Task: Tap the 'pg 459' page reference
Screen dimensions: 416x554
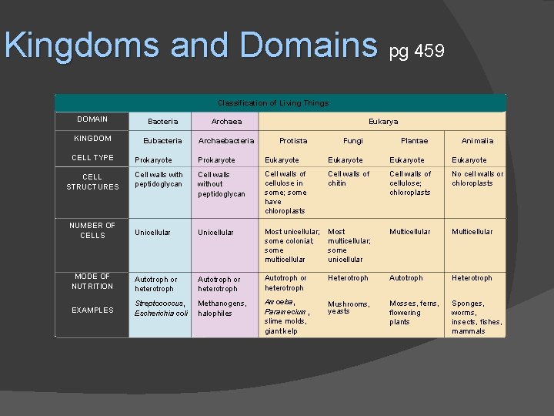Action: pyautogui.click(x=416, y=52)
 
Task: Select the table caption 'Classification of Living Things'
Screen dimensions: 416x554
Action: pyautogui.click(x=273, y=102)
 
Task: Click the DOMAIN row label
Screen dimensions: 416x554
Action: pyautogui.click(x=92, y=119)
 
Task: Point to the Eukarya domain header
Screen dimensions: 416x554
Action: pyautogui.click(x=383, y=121)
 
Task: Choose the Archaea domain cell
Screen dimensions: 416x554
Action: pyautogui.click(x=226, y=122)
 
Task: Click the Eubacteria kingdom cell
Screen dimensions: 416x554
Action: pyautogui.click(x=162, y=141)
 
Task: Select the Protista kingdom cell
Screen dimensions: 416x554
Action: pyautogui.click(x=292, y=141)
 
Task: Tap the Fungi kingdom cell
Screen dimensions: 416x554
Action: pyautogui.click(x=353, y=141)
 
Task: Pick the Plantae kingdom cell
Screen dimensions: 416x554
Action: pyautogui.click(x=414, y=141)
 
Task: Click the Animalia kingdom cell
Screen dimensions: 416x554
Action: pyautogui.click(x=477, y=141)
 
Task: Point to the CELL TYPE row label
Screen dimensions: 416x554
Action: pyautogui.click(x=92, y=158)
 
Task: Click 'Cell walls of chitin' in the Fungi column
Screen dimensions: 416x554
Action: pyautogui.click(x=349, y=179)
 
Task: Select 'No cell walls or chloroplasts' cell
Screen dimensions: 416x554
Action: pyautogui.click(x=477, y=179)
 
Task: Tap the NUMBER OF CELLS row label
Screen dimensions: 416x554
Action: pyautogui.click(x=92, y=230)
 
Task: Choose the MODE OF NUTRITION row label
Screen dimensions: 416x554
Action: pyautogui.click(x=92, y=281)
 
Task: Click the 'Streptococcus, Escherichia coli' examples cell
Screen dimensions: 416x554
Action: pyautogui.click(x=161, y=308)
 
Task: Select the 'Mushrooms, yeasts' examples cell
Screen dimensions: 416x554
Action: pyautogui.click(x=349, y=307)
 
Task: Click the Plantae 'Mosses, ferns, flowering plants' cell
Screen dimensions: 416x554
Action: pyautogui.click(x=414, y=313)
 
